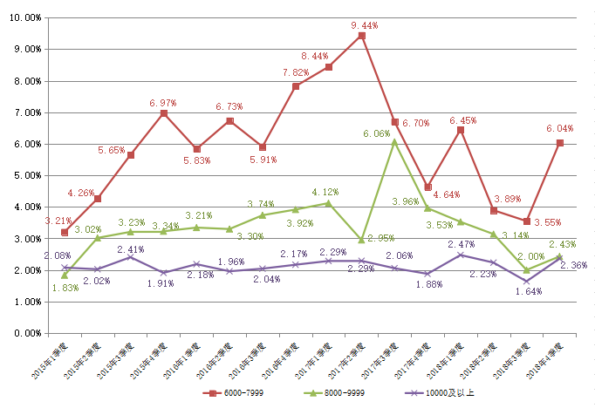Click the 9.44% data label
coord(364,25)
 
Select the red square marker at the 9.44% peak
coord(361,36)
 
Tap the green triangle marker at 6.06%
coord(394,141)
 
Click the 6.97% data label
coord(163,103)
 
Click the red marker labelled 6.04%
coord(559,143)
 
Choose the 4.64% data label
coord(435,195)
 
